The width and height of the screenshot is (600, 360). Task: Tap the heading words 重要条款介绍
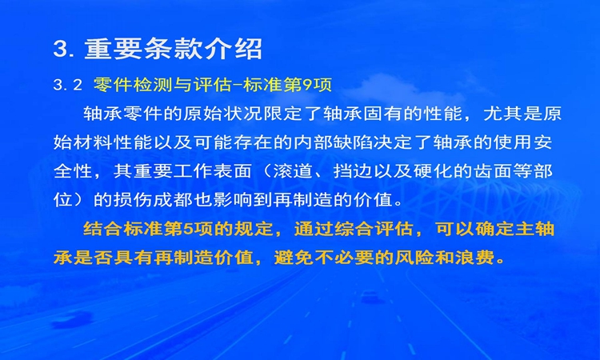pyautogui.click(x=173, y=49)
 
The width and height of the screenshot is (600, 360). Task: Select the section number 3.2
pyautogui.click(x=68, y=85)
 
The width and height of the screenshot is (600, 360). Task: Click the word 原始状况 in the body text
pyautogui.click(x=222, y=114)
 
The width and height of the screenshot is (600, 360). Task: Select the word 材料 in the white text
pyautogui.click(x=94, y=142)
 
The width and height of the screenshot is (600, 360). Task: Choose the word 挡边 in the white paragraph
pyautogui.click(x=353, y=171)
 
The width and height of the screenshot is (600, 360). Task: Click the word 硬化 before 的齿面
pyautogui.click(x=433, y=171)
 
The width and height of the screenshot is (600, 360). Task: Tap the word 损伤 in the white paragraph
pyautogui.click(x=134, y=200)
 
